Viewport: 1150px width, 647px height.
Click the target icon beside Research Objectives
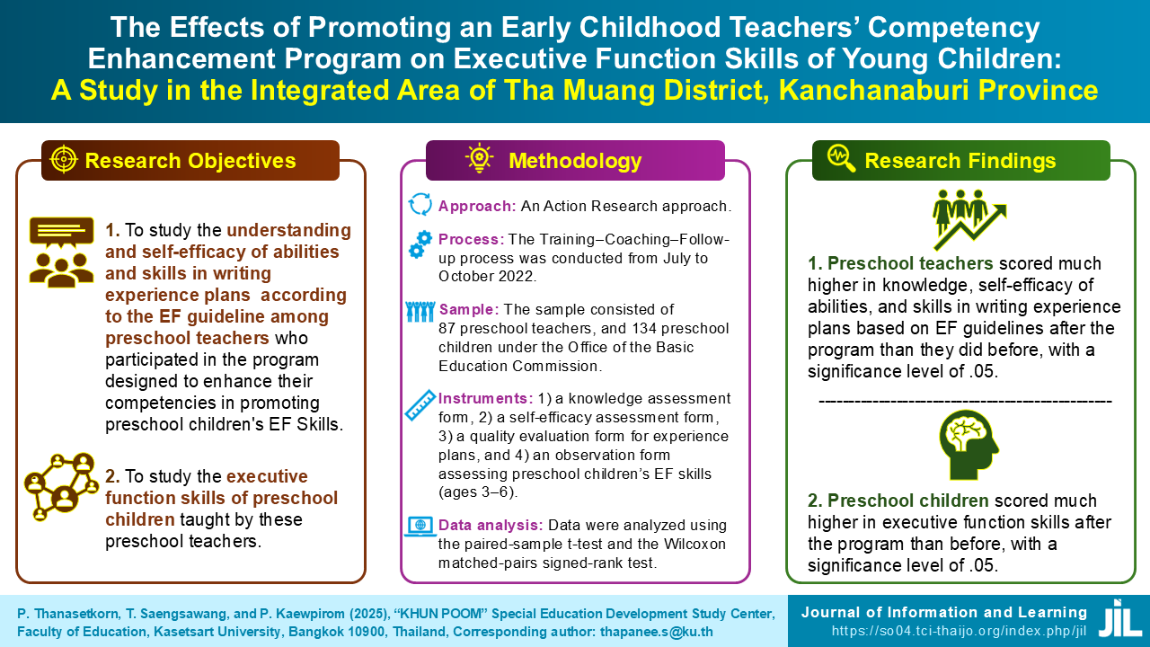[x=64, y=159]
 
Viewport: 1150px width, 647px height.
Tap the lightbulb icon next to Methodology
[x=479, y=157]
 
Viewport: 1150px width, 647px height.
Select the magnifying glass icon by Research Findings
[x=842, y=158]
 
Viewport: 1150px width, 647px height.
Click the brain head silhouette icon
[x=969, y=445]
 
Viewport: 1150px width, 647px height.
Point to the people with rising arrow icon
[x=969, y=219]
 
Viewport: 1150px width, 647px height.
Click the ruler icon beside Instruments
[x=420, y=405]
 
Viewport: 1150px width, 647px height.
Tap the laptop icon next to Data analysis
[x=420, y=527]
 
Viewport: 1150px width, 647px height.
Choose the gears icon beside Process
[x=420, y=244]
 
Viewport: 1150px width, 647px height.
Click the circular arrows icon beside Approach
[x=420, y=204]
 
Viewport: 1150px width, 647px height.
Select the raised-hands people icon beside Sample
[x=420, y=312]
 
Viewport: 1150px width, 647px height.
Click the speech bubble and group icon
[x=62, y=253]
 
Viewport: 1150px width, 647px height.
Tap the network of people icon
[x=61, y=487]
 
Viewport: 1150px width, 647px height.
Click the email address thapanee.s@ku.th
[x=657, y=632]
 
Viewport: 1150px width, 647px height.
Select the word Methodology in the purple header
[x=575, y=161]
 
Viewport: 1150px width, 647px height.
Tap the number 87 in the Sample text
[x=447, y=328]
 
